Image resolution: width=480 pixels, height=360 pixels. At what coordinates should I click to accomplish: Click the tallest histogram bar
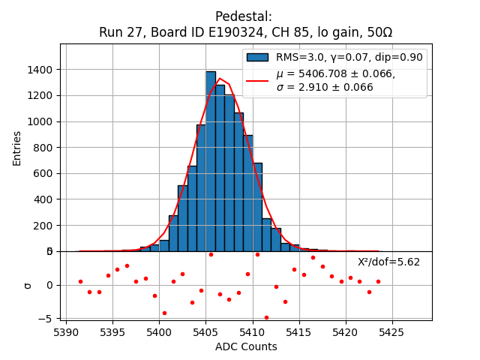pos(211,161)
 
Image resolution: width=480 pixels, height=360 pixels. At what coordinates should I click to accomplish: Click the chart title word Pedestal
pos(244,16)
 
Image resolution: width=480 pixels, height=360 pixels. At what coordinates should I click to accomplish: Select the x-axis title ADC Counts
pos(246,346)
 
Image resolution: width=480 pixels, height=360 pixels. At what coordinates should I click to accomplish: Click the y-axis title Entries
pos(17,148)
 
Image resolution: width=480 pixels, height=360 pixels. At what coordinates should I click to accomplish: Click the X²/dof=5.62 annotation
pos(388,262)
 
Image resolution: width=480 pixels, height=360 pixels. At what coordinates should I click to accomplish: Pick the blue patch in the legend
pos(257,57)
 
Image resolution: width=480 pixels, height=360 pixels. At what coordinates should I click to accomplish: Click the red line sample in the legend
pos(257,80)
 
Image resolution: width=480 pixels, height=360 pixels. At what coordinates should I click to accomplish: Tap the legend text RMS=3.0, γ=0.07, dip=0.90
pos(349,57)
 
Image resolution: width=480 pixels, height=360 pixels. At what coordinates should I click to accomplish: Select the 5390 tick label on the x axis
pos(66,331)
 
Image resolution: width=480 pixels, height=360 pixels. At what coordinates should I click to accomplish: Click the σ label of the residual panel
pos(28,285)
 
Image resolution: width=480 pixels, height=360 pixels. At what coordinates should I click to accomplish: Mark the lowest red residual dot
pos(266,317)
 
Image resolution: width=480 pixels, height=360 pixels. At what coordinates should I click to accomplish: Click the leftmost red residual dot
pos(80,281)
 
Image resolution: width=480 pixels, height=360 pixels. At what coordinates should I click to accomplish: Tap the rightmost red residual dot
pos(378,281)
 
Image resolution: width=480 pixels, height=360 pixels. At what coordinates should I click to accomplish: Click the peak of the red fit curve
pos(220,78)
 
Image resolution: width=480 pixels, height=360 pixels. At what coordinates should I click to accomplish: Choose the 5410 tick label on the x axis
pos(252,331)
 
